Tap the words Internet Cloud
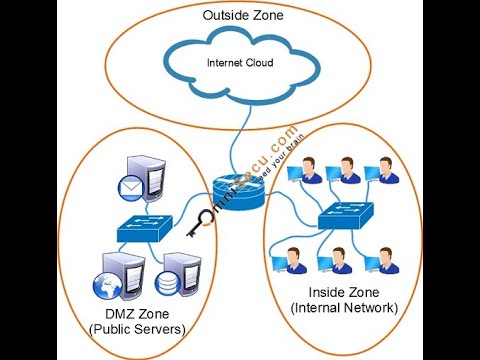(239, 63)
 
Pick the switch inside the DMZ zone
(144, 227)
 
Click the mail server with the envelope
(151, 183)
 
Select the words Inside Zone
(343, 292)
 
